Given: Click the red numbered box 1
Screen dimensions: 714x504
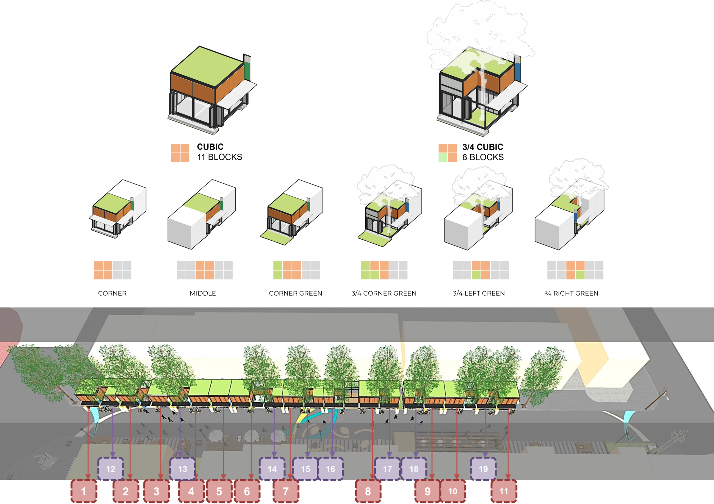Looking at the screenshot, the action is coord(84,491).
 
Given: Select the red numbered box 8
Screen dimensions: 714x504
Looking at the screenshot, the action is coord(368,491).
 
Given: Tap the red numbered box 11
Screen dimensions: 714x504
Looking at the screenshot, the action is coord(504,491).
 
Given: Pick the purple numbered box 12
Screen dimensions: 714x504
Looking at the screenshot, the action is coord(111,469).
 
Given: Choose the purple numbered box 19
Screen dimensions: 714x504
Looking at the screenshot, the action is coord(483,469).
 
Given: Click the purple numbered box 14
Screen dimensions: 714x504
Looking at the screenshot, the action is coord(272,469).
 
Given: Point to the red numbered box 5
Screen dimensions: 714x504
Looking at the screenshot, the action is coord(219,491).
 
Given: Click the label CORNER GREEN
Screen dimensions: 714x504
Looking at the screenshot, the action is coord(295,293).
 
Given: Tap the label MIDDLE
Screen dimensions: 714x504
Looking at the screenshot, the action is coord(203,293).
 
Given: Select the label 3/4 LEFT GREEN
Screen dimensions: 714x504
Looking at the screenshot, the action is coord(479,293).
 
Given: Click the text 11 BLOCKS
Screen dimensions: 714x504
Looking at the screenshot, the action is coord(220,157).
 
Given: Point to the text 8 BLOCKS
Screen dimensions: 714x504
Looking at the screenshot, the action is coord(483,157).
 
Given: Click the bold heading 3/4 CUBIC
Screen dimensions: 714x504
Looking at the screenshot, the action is coord(483,146).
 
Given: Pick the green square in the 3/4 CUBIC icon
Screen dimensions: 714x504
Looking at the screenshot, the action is coord(443,157).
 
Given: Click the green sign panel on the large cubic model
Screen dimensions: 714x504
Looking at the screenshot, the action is coord(247,71).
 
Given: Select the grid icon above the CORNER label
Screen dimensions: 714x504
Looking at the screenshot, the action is coord(112,270).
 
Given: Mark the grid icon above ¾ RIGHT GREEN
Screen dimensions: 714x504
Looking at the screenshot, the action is coord(575,270).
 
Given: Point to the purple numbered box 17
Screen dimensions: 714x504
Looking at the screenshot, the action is coord(387,469).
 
